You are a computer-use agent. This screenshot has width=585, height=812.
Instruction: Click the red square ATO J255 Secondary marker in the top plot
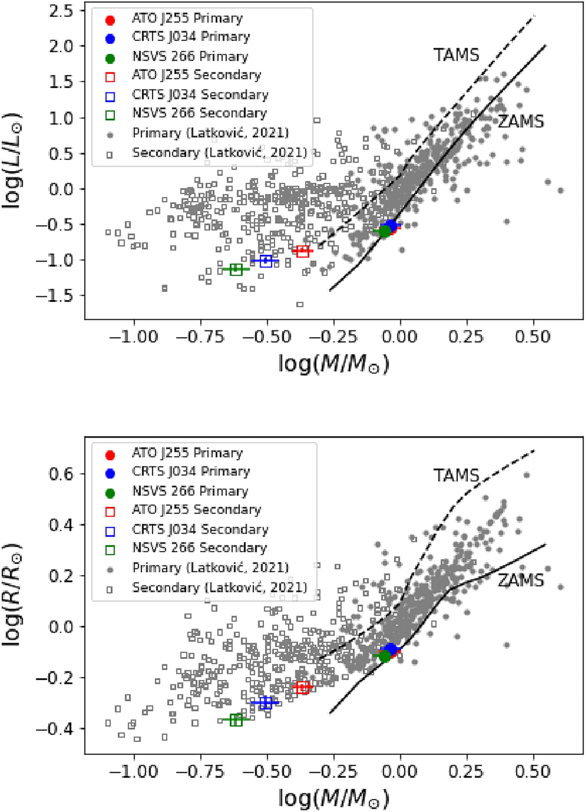pos(302,251)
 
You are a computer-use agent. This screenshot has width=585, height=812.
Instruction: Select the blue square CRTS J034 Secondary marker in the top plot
pos(266,260)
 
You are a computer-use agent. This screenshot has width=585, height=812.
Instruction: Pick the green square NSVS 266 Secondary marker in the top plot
pos(236,269)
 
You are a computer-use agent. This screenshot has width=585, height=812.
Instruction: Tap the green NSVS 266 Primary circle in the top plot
pos(385,231)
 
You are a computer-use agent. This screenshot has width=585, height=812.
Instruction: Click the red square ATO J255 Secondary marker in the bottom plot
pos(302,687)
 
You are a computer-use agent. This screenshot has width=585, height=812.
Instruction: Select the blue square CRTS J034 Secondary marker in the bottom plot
pos(266,702)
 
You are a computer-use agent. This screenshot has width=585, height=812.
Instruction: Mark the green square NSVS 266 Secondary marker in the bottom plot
pos(236,720)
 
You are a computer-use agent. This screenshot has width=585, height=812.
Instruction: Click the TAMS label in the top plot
pos(456,55)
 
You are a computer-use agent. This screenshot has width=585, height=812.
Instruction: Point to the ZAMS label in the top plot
pos(521,121)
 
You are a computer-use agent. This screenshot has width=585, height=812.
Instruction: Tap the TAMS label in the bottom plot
pos(456,475)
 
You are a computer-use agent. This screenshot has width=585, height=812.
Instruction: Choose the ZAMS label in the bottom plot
pos(521,580)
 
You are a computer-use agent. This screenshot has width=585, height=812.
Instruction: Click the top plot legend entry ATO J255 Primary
pos(187,19)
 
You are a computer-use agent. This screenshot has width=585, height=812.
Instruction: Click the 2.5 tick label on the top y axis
pos(61,11)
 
